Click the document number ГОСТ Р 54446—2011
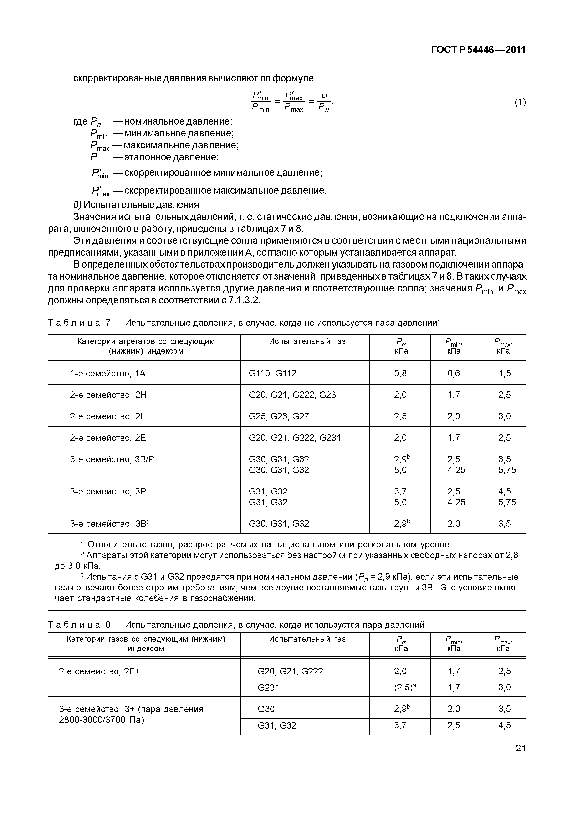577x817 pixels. pyautogui.click(x=478, y=50)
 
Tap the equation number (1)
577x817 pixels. pyautogui.click(x=520, y=103)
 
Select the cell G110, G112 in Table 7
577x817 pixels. pyautogui.click(x=272, y=373)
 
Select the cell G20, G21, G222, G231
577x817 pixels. pyautogui.click(x=294, y=438)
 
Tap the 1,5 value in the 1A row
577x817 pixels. pyautogui.click(x=504, y=373)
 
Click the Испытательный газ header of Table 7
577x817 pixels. pyautogui.click(x=307, y=342)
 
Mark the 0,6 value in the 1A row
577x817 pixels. pyautogui.click(x=454, y=373)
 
